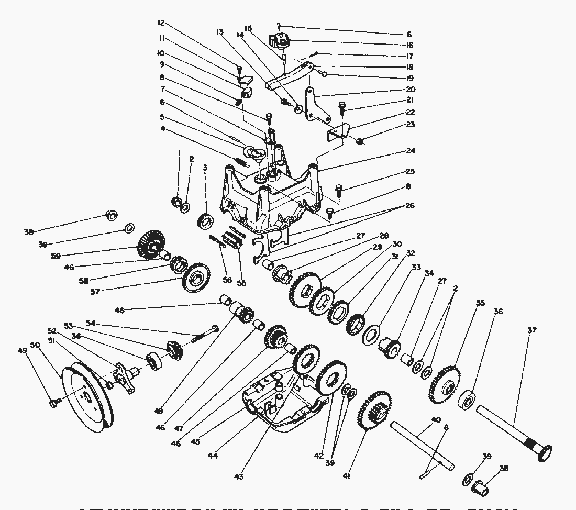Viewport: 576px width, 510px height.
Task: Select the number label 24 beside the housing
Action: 411,151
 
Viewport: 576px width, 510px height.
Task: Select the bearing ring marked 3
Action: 205,220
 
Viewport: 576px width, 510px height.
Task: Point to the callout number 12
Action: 161,23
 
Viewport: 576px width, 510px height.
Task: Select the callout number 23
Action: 411,125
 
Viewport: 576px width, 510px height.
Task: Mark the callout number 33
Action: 416,267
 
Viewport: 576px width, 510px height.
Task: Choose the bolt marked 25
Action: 338,189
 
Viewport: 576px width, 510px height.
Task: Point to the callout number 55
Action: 241,283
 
